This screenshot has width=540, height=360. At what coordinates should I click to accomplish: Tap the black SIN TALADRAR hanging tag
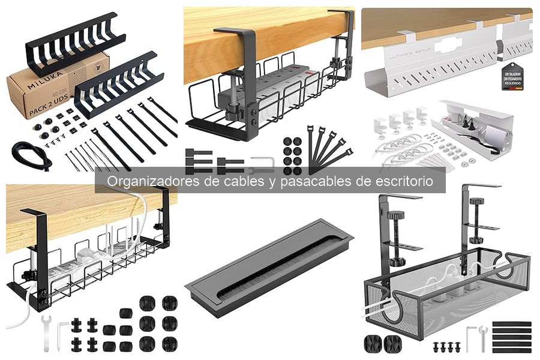click(512, 76)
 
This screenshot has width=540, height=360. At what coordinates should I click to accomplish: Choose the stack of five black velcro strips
click(511, 337)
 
